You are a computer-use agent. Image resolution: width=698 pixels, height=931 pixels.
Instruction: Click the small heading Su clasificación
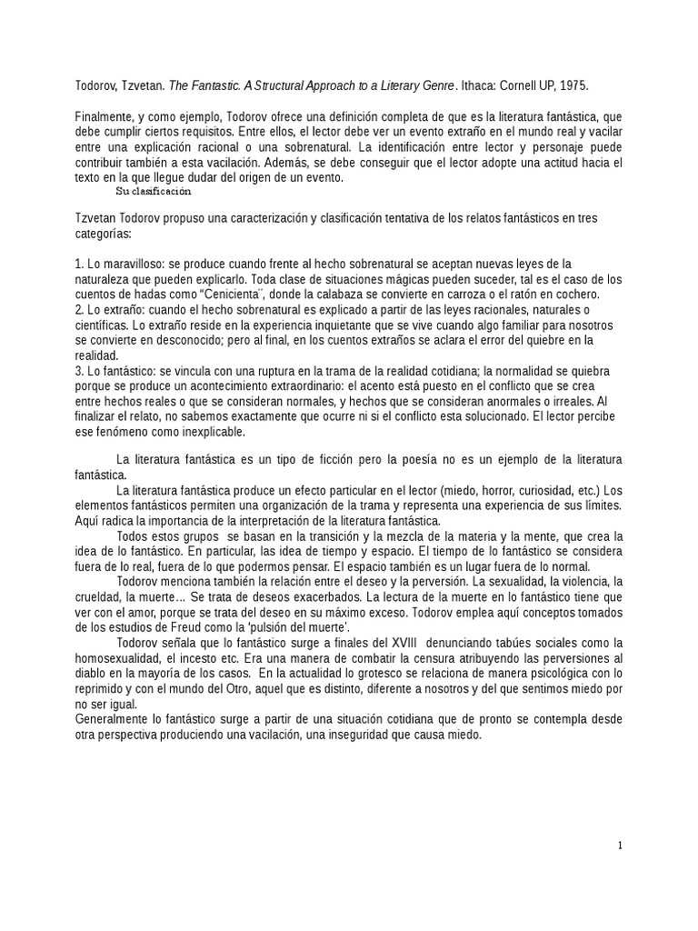pyautogui.click(x=154, y=191)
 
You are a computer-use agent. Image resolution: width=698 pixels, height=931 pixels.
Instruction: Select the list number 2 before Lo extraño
pyautogui.click(x=79, y=310)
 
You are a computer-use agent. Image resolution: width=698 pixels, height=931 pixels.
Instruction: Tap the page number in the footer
pyautogui.click(x=620, y=846)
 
